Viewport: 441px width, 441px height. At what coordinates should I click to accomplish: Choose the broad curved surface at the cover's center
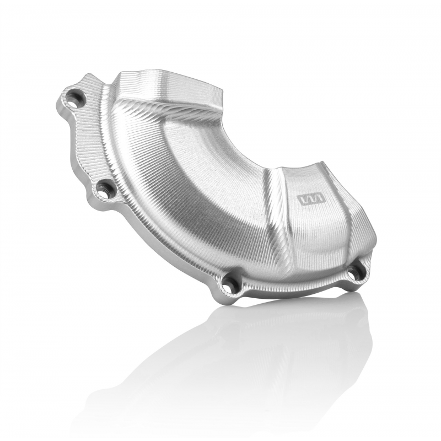click(198, 182)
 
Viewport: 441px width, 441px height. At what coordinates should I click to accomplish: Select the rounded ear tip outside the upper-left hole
click(61, 102)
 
